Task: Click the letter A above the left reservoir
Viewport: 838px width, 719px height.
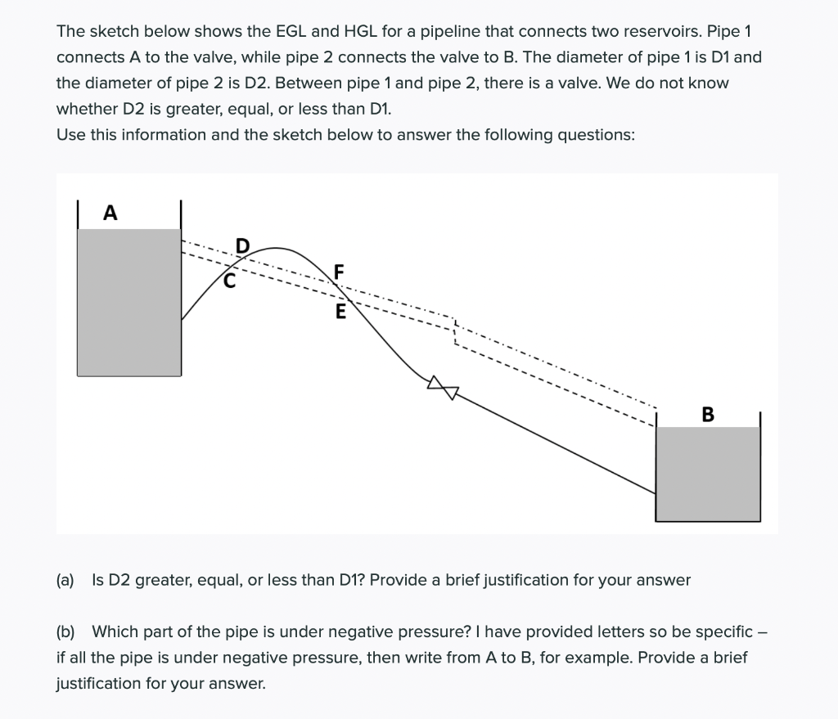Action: coord(110,213)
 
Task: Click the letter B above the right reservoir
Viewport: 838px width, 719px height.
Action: coord(708,415)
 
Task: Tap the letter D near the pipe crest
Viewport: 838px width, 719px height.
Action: coord(241,245)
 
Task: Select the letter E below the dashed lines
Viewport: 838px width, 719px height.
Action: coord(340,312)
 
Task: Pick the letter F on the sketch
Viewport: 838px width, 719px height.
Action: coord(340,272)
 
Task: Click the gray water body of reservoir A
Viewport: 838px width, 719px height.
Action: coord(128,303)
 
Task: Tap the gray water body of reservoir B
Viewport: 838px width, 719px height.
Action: coord(708,474)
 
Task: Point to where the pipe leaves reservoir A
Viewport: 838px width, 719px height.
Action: coord(182,319)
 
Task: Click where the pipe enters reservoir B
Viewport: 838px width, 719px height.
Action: coord(656,493)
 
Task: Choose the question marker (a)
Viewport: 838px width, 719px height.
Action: coord(65,580)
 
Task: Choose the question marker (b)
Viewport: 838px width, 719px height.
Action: coord(65,631)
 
